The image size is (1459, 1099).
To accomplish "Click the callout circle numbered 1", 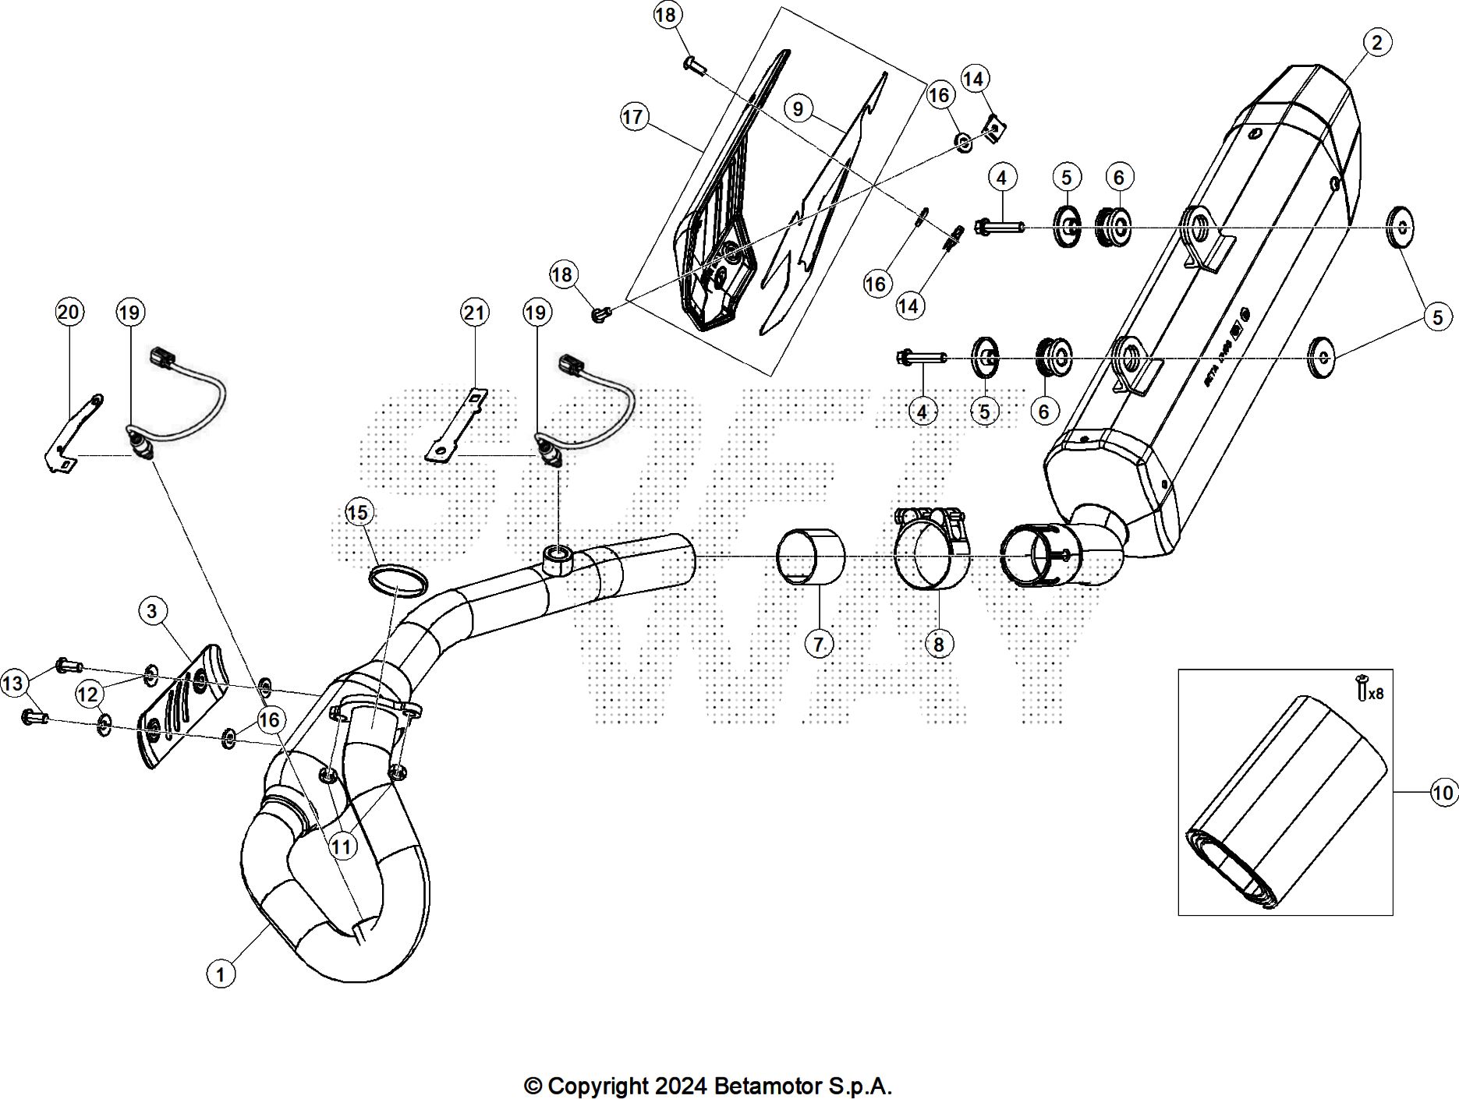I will [221, 974].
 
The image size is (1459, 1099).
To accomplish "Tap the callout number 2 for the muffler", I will [1376, 43].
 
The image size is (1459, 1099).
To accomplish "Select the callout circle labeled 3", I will [152, 611].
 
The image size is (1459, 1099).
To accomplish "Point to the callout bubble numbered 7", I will [818, 644].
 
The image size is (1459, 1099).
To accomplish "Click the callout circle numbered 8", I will [938, 644].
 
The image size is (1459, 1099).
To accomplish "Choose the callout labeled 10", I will [1443, 793].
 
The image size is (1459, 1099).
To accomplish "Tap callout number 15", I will [359, 513].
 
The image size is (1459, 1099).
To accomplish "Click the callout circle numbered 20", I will [69, 313].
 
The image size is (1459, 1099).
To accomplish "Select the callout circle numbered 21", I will [474, 313].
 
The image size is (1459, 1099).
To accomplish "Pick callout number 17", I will [634, 118].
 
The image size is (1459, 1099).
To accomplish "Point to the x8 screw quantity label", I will [1375, 693].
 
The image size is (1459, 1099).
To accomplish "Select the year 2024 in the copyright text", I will [681, 1086].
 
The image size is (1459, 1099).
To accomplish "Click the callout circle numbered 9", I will [797, 108].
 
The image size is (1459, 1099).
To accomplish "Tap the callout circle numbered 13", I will [13, 684].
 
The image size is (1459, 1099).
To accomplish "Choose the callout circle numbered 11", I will [343, 846].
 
